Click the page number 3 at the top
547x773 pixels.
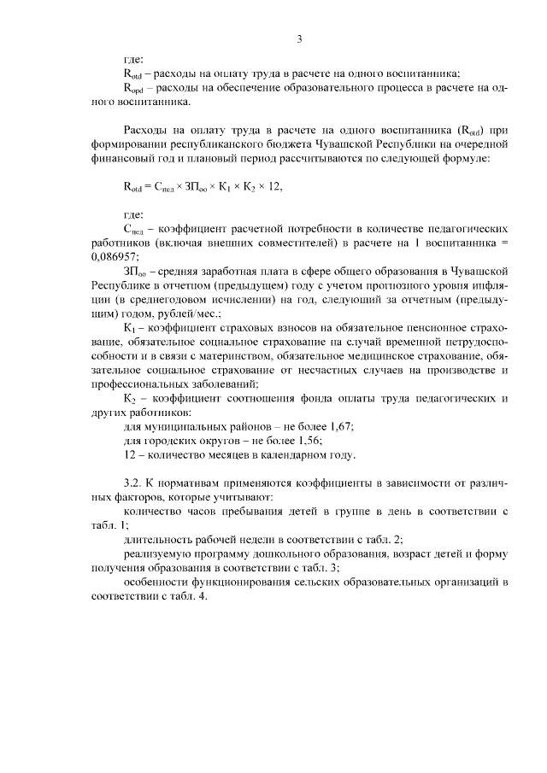pyautogui.click(x=299, y=39)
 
